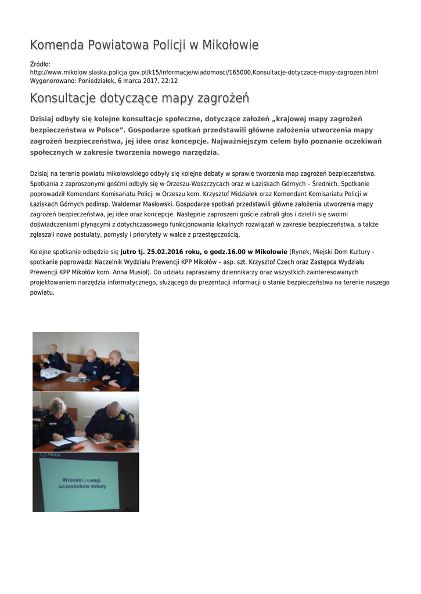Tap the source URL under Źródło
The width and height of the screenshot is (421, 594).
[204, 73]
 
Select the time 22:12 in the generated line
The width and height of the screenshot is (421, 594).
[170, 81]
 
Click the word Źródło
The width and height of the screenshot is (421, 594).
[40, 64]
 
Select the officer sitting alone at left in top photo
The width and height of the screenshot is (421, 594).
[54, 358]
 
